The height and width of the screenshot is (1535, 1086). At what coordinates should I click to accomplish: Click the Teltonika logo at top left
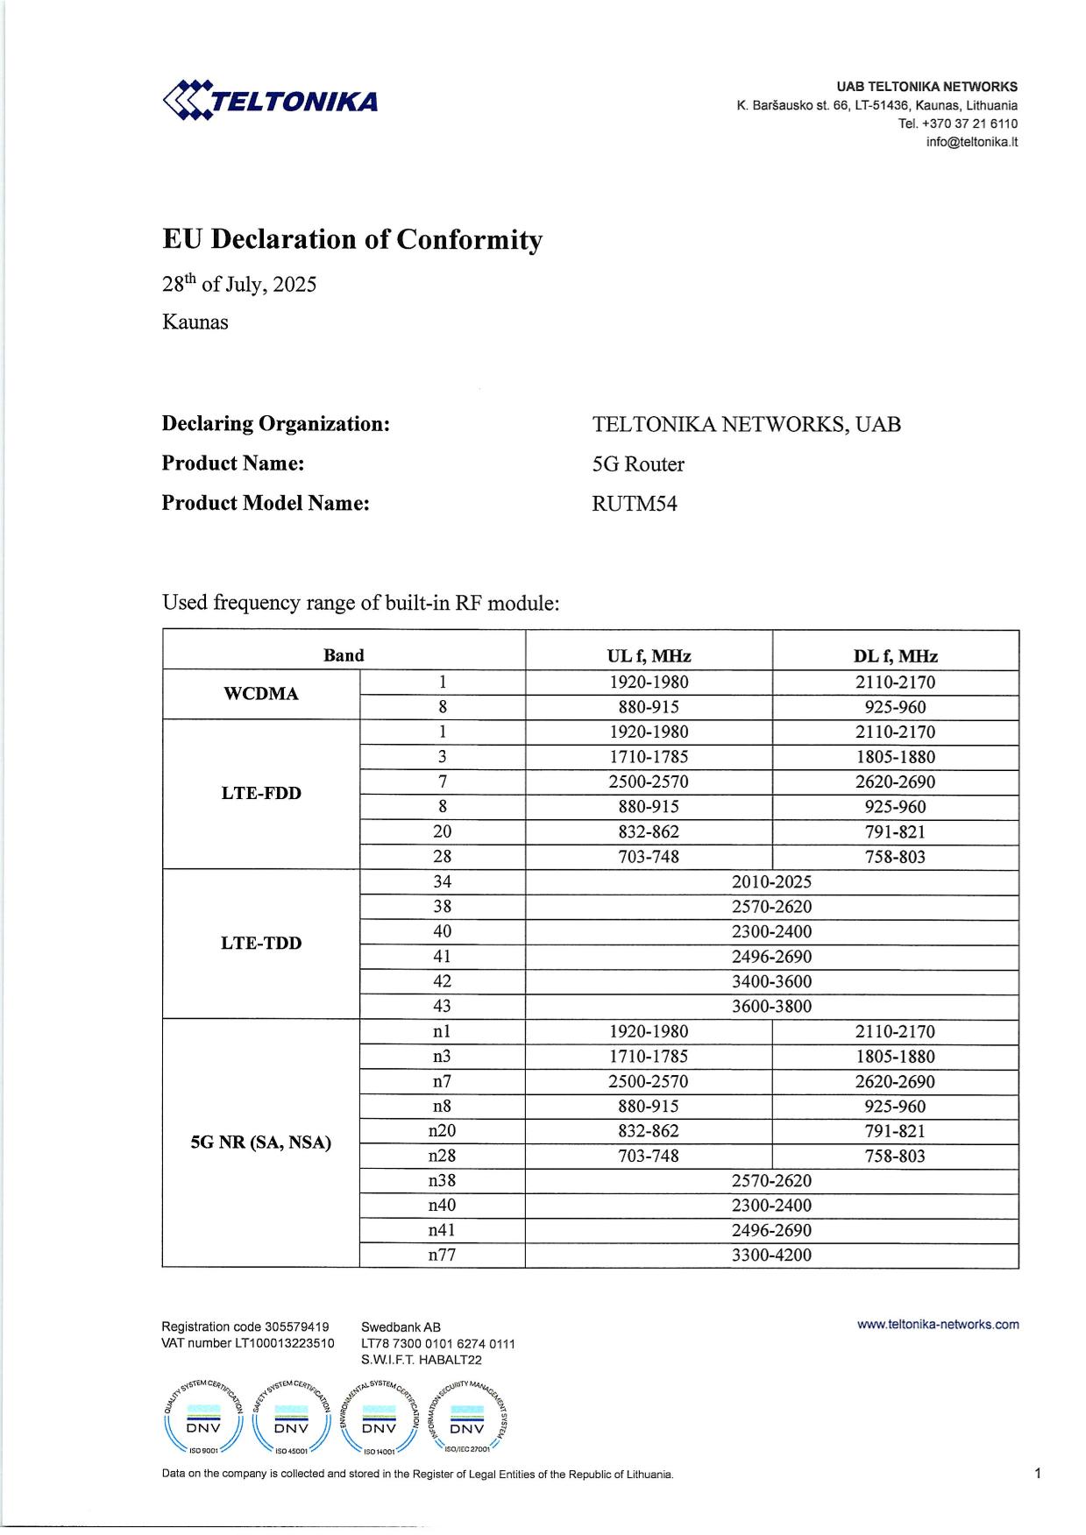tap(271, 100)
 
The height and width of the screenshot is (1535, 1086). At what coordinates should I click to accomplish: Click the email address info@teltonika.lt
tap(971, 142)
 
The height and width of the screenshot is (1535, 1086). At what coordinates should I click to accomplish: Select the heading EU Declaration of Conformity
tap(352, 239)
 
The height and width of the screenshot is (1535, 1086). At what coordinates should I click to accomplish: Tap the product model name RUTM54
tap(635, 504)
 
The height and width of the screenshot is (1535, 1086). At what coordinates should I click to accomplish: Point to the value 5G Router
tap(638, 464)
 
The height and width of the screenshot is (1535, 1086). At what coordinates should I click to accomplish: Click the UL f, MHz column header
tap(649, 655)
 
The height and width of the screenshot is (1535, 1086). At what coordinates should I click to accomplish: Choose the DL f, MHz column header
tap(895, 655)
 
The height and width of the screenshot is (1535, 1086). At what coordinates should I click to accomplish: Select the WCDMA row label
tap(261, 694)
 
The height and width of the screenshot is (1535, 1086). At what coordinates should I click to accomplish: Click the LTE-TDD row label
tap(261, 943)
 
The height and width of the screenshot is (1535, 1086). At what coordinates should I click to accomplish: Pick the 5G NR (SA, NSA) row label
tap(261, 1142)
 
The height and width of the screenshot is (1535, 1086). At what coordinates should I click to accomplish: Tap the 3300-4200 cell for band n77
tap(771, 1255)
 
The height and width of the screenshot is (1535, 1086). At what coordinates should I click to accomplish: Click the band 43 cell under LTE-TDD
tap(442, 1006)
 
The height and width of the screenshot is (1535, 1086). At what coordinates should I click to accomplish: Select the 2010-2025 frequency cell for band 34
tap(771, 881)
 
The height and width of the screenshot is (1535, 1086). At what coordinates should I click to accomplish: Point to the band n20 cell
tap(442, 1130)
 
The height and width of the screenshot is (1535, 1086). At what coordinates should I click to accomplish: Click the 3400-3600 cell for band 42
tap(771, 981)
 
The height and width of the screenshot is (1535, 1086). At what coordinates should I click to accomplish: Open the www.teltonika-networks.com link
tap(938, 1325)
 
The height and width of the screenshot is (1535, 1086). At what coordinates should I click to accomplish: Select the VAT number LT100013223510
tap(248, 1343)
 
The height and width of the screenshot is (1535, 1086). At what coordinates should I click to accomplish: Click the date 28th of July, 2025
tap(239, 285)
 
